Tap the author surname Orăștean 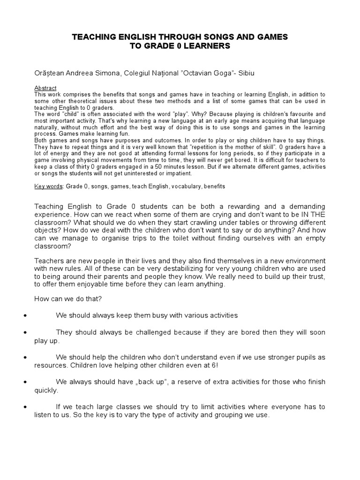coord(50,74)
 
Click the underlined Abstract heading coord(45,88)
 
